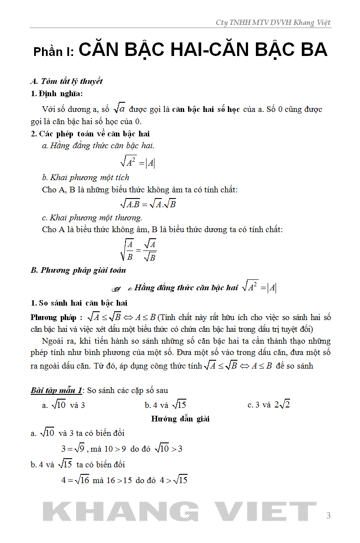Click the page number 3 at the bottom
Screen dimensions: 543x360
[x=329, y=516]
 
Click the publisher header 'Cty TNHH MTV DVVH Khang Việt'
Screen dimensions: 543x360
[x=273, y=23]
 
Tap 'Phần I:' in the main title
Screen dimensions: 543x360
[x=54, y=52]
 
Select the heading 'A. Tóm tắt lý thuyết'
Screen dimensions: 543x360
[x=66, y=81]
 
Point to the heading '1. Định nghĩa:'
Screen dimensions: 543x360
[x=56, y=94]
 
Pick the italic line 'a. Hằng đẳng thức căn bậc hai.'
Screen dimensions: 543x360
[x=98, y=146]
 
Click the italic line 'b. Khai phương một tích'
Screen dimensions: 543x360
[x=86, y=178]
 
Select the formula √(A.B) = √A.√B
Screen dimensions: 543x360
[x=148, y=204]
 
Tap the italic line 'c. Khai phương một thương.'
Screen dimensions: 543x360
[x=92, y=218]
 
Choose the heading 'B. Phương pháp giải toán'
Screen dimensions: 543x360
[x=78, y=270]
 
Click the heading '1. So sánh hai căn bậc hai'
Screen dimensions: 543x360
[x=79, y=303]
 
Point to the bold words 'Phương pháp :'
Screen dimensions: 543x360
[x=56, y=317]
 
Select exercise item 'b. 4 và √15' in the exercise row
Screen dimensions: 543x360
[x=165, y=405]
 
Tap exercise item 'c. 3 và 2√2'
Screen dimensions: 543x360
[x=269, y=405]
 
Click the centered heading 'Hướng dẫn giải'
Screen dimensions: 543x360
[x=180, y=419]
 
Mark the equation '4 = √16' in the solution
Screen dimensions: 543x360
[x=75, y=480]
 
